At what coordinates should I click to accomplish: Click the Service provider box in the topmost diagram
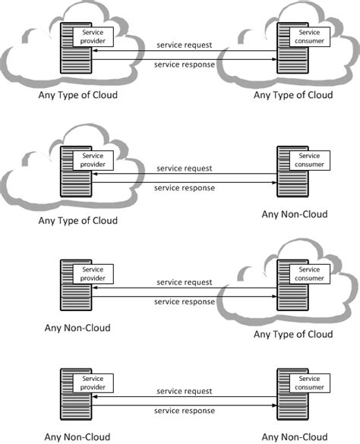[93, 37]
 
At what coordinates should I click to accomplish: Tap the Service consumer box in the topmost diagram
[310, 37]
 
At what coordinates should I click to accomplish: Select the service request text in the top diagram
[185, 45]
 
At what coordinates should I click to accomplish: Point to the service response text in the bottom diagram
[185, 411]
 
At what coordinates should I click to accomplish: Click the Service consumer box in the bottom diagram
[310, 383]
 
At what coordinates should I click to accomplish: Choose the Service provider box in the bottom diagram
[93, 383]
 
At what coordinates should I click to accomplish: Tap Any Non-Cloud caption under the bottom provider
[77, 437]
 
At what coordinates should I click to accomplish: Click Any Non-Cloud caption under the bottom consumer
[295, 437]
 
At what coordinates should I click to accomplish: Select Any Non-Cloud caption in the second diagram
[295, 214]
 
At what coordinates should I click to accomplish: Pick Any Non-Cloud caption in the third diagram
[77, 328]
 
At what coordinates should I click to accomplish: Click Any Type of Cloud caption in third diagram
[293, 335]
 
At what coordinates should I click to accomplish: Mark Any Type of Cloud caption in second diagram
[78, 221]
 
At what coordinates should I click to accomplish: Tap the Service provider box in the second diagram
[93, 161]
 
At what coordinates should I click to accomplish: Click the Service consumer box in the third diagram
[310, 274]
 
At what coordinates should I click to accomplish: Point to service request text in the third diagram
[185, 282]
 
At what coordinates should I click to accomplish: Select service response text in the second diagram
[185, 188]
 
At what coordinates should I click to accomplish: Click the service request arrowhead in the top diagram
[95, 51]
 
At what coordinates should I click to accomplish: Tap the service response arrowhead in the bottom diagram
[274, 405]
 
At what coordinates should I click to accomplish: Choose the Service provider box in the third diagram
[93, 274]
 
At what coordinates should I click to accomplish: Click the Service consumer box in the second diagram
[310, 161]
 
